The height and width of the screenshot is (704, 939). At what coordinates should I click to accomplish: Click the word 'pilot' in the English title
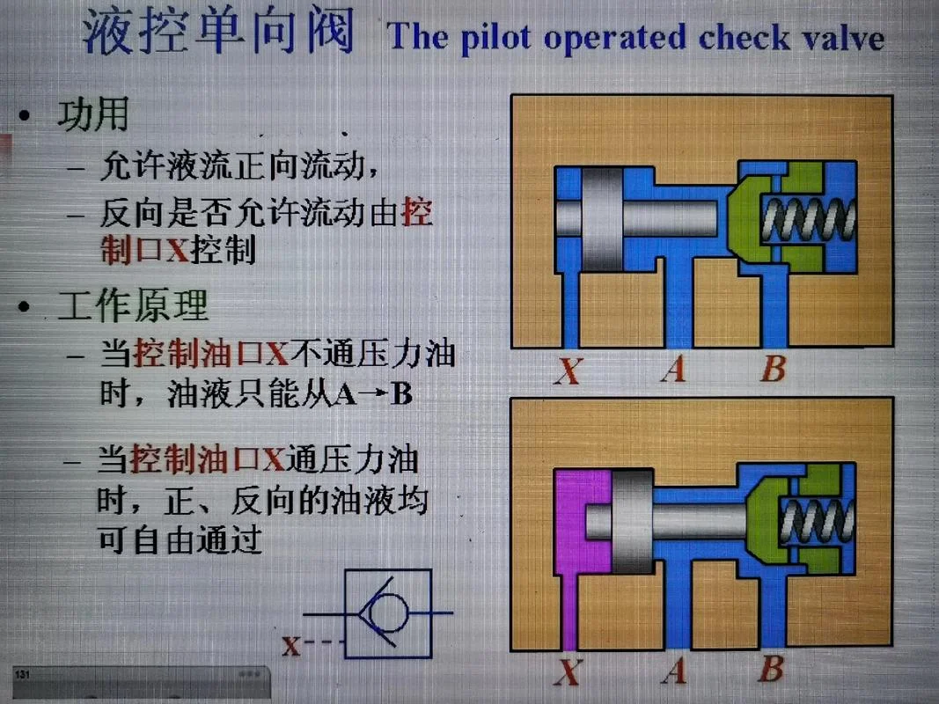point(495,38)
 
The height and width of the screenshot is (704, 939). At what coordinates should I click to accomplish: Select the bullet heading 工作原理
point(132,305)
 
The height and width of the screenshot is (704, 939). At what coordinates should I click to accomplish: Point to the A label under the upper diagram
point(674,369)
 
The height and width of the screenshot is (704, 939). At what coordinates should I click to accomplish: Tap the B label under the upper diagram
point(773,368)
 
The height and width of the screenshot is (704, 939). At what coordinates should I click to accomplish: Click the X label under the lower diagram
point(567,671)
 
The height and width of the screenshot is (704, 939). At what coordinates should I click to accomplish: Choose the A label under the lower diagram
point(674,671)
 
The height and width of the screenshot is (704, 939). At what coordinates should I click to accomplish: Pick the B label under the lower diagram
point(771,669)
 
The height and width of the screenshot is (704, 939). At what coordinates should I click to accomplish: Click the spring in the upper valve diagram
point(808,219)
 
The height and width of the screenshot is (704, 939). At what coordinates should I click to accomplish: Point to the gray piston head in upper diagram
point(603,219)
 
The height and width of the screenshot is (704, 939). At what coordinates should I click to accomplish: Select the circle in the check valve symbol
point(390,612)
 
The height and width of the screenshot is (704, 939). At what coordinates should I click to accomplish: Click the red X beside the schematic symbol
point(291,647)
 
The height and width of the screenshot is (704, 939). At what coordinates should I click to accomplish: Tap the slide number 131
point(22,675)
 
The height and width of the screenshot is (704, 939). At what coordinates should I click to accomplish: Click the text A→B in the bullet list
point(375,394)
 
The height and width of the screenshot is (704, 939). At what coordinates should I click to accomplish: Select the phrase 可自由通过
point(180,539)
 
